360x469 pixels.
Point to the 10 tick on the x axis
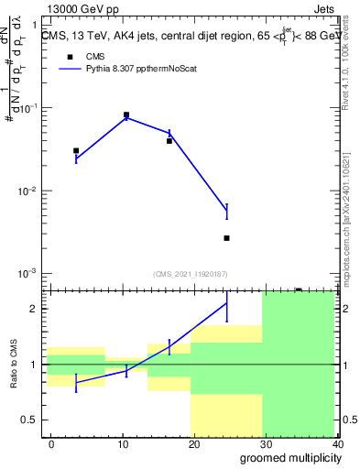(123, 443)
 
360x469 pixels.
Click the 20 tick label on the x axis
(194, 443)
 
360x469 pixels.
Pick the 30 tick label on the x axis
(266, 443)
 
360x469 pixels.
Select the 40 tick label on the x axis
(335, 443)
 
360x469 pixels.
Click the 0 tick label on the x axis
(51, 443)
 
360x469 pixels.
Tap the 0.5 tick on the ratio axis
(29, 420)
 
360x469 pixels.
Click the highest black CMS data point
(126, 115)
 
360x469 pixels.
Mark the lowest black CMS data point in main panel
(226, 238)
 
